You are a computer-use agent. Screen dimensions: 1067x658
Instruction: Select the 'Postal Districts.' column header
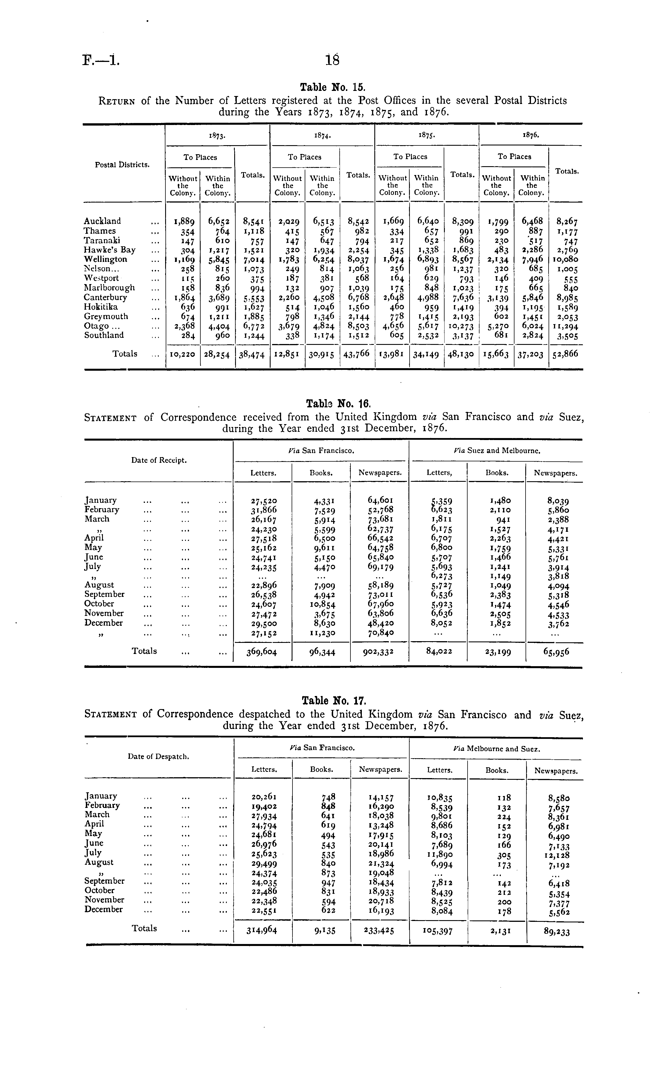click(122, 165)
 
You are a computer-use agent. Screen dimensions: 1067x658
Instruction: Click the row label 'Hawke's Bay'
click(110, 250)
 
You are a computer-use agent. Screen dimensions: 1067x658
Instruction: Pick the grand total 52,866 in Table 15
click(565, 354)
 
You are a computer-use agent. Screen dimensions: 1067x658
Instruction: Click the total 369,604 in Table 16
click(261, 652)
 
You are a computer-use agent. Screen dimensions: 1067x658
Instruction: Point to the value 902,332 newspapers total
click(379, 652)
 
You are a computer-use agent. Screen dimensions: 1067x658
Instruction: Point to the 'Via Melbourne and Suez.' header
click(497, 749)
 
